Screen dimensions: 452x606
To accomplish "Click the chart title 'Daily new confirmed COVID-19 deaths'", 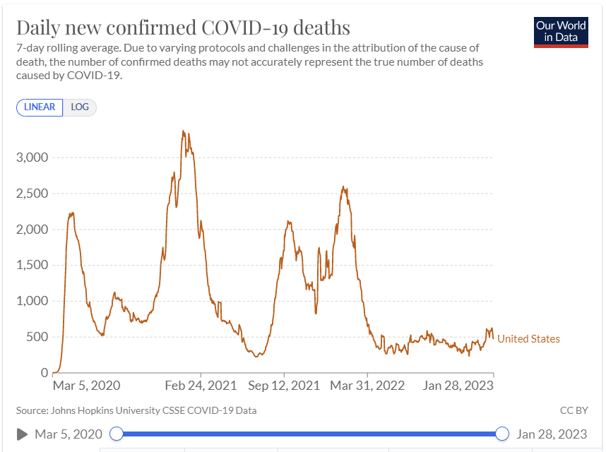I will click(183, 28).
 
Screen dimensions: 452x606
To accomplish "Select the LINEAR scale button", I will click(40, 107).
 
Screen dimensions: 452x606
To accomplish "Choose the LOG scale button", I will click(80, 107).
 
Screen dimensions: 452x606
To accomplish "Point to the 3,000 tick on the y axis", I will click(32, 157).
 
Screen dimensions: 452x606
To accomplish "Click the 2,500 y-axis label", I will click(32, 194).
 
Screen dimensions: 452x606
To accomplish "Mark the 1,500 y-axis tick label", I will click(32, 265).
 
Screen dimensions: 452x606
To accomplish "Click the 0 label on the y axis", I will click(44, 373).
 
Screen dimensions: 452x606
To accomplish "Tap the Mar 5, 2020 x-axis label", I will click(87, 386).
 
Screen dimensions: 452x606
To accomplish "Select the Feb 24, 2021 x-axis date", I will click(201, 386).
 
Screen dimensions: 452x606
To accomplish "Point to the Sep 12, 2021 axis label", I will click(284, 386).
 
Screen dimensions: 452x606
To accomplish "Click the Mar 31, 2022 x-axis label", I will click(367, 386).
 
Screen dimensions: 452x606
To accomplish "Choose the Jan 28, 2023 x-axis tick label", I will click(458, 386).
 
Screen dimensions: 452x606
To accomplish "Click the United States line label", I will click(528, 339).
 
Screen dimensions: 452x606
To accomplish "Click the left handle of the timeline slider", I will click(117, 434).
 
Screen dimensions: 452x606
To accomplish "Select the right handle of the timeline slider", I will click(502, 434).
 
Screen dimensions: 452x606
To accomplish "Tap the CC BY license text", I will click(574, 410).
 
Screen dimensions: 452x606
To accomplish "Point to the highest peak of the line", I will click(184, 131).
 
